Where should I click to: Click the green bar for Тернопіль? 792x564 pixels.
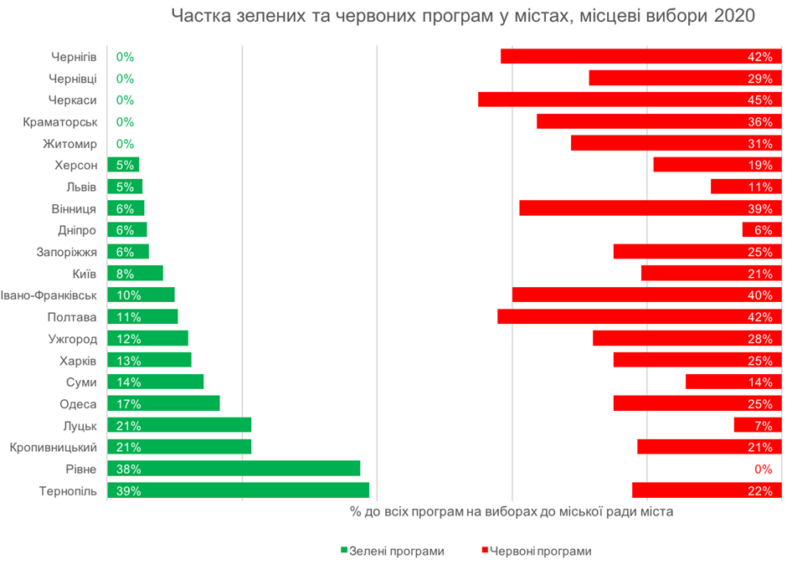238,490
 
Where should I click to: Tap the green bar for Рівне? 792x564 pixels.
234,469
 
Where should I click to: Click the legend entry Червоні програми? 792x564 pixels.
541,551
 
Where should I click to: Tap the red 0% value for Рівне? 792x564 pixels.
763,469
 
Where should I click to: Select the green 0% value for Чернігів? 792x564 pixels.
125,57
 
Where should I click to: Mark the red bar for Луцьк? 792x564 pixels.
758,425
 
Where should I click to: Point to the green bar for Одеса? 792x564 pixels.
163,403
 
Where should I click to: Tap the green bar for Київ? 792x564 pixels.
135,274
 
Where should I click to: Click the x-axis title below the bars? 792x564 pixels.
512,510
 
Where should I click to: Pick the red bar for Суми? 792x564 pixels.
733,382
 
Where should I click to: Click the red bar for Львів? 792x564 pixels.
746,187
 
